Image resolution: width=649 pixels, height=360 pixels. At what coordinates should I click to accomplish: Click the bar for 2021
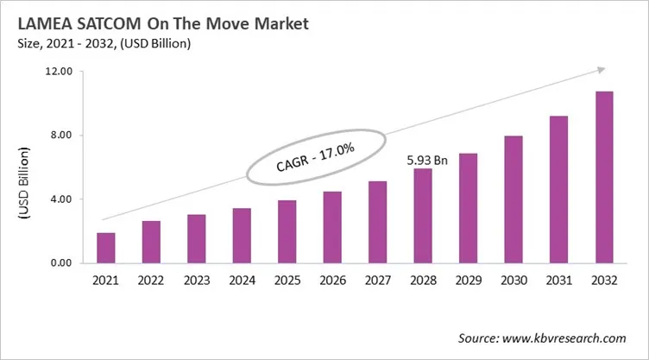pyautogui.click(x=105, y=248)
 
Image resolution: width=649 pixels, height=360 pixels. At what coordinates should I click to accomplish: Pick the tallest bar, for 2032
pyautogui.click(x=603, y=177)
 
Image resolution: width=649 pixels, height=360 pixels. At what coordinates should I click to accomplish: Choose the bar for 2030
pyautogui.click(x=513, y=199)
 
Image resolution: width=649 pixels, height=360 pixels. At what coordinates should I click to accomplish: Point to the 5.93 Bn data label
pyautogui.click(x=426, y=161)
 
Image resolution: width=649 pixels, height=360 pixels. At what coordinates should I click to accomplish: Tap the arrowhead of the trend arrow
pyautogui.click(x=604, y=71)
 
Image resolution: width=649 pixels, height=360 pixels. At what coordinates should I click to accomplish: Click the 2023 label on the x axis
pyautogui.click(x=196, y=281)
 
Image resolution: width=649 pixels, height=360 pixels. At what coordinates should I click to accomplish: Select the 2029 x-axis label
pyautogui.click(x=468, y=281)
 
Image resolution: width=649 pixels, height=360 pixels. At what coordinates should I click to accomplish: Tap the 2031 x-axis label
pyautogui.click(x=558, y=281)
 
